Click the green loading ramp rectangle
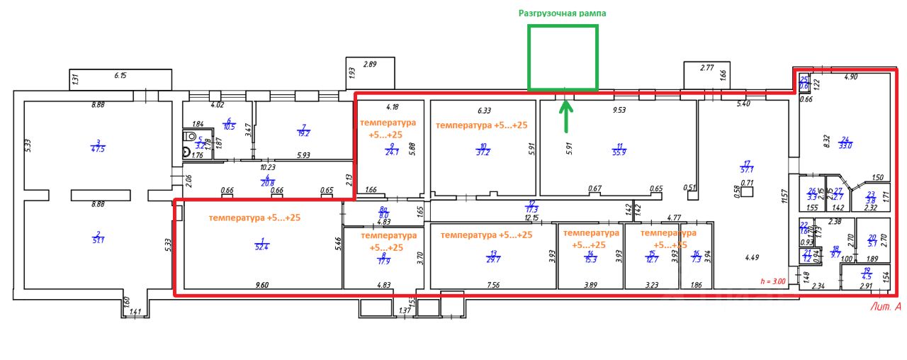point(563,57)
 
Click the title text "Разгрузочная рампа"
point(563,13)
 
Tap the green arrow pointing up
point(565,118)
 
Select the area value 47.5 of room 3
point(98,149)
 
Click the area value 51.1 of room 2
point(98,240)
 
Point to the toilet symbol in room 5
point(189,136)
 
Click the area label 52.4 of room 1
point(261,247)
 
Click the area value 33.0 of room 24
point(845,145)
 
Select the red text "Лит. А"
point(886,307)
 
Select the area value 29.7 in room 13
point(493,259)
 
